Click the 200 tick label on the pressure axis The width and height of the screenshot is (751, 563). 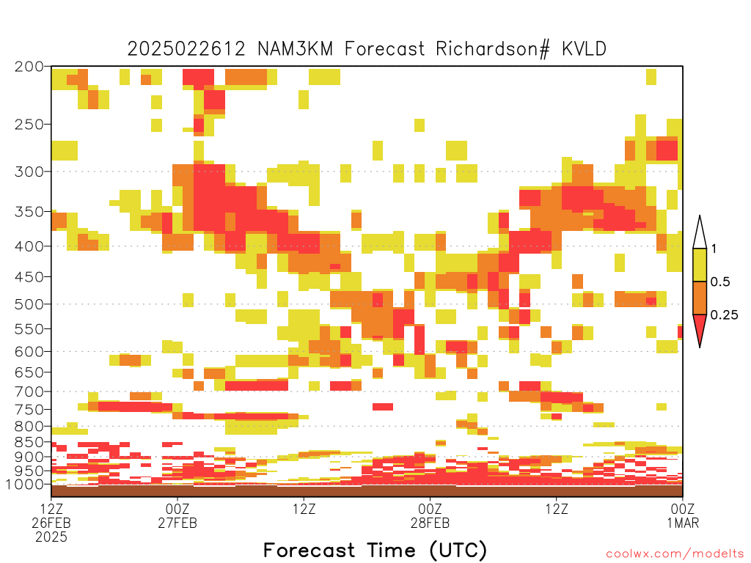[x=29, y=67]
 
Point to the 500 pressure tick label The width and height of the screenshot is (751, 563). [x=29, y=304]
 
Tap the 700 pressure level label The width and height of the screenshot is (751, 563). [x=29, y=392]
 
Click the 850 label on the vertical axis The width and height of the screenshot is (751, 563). [x=29, y=442]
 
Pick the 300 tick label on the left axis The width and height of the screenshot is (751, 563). [x=29, y=172]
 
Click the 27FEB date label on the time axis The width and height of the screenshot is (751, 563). [x=177, y=523]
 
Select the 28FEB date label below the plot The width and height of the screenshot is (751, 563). [x=430, y=523]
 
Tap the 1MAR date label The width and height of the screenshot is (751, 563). [x=683, y=523]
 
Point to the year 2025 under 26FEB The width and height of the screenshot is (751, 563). [x=51, y=537]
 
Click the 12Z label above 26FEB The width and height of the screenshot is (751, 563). [x=51, y=509]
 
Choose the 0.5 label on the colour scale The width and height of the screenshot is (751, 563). [x=720, y=282]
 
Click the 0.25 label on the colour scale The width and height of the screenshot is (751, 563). [x=724, y=315]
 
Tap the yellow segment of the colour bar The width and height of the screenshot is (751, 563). [x=700, y=265]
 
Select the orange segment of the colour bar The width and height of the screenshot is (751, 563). [x=700, y=298]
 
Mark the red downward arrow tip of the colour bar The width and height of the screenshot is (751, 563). [x=700, y=347]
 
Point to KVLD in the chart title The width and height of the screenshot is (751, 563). [x=584, y=49]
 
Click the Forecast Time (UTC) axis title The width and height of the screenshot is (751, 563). [x=375, y=551]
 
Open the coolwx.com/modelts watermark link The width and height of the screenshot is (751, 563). [x=675, y=554]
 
